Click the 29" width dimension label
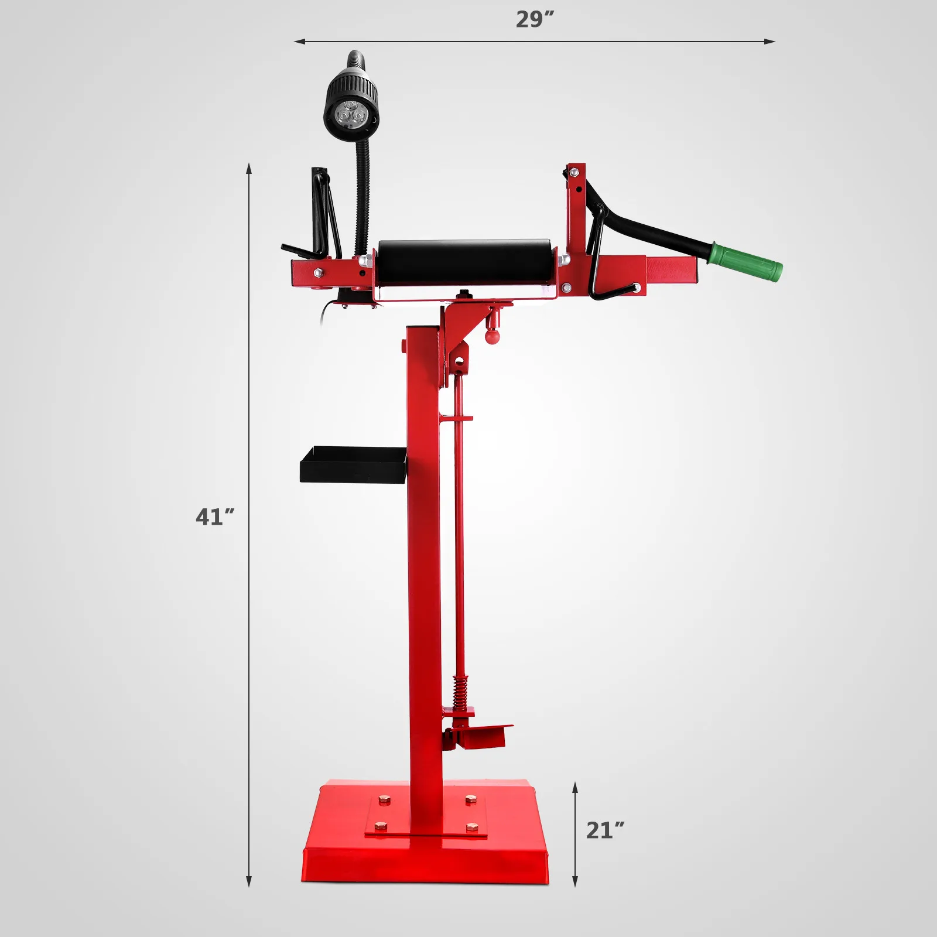point(535,19)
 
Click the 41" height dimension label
point(215,517)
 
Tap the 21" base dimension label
point(605,830)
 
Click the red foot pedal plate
point(483,737)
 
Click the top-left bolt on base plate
point(385,799)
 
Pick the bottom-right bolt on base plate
point(471,827)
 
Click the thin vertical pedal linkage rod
point(459,527)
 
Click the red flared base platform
point(426,867)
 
